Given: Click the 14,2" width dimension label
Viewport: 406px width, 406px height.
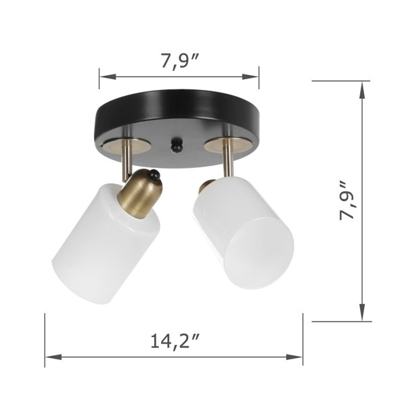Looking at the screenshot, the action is (x=175, y=341).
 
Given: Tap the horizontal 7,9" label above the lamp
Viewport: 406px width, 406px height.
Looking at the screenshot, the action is (x=180, y=61).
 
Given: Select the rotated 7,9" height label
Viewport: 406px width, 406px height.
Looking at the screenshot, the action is (x=347, y=201).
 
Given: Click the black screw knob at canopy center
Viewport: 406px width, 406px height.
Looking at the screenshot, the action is (x=177, y=145).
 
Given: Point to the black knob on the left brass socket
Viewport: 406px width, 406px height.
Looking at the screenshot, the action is (x=154, y=175).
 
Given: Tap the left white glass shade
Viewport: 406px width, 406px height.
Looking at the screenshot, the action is (x=106, y=244).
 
